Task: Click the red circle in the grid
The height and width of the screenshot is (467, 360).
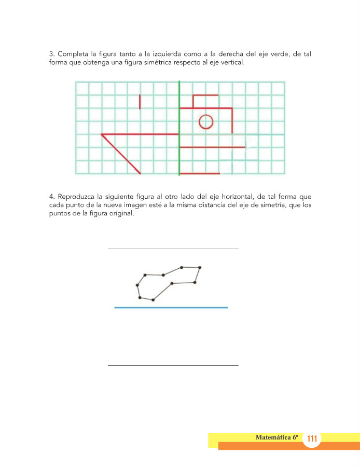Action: [206, 121]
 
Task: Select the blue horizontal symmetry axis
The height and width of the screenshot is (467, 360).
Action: [171, 308]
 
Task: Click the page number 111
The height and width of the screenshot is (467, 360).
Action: [312, 439]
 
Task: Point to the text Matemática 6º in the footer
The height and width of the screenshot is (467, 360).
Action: [278, 437]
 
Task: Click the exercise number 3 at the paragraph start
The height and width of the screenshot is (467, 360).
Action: [51, 54]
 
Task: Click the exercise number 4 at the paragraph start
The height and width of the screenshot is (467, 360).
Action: [51, 197]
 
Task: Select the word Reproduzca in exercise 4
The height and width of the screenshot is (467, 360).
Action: [78, 197]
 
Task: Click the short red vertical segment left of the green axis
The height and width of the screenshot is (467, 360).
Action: [140, 102]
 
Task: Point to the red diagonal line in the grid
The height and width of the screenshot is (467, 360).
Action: [121, 154]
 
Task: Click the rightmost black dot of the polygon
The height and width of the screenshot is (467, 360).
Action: [200, 267]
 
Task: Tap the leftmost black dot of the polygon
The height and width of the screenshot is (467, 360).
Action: [137, 285]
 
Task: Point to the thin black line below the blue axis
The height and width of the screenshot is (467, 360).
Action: [173, 365]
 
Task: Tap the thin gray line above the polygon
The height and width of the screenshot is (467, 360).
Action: [173, 249]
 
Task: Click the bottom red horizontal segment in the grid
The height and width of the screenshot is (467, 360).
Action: [200, 173]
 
